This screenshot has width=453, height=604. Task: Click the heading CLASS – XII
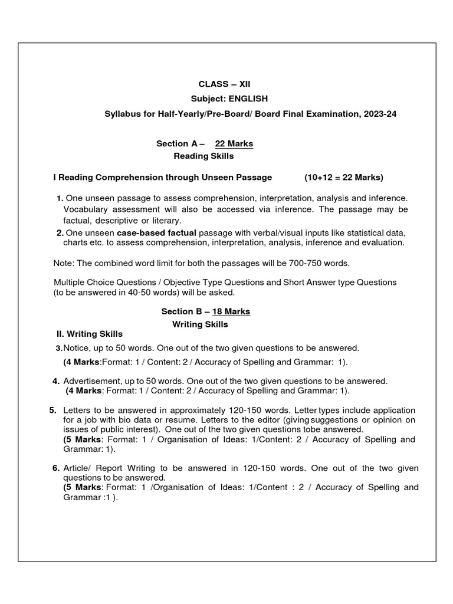(x=220, y=84)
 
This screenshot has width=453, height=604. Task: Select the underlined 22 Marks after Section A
(x=234, y=143)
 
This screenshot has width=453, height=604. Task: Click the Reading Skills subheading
(x=203, y=156)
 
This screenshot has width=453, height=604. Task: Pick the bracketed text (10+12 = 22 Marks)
(x=344, y=177)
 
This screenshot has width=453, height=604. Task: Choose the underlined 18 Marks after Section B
(x=231, y=311)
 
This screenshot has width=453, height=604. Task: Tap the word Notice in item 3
(x=75, y=348)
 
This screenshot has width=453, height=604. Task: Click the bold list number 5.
(x=52, y=410)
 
